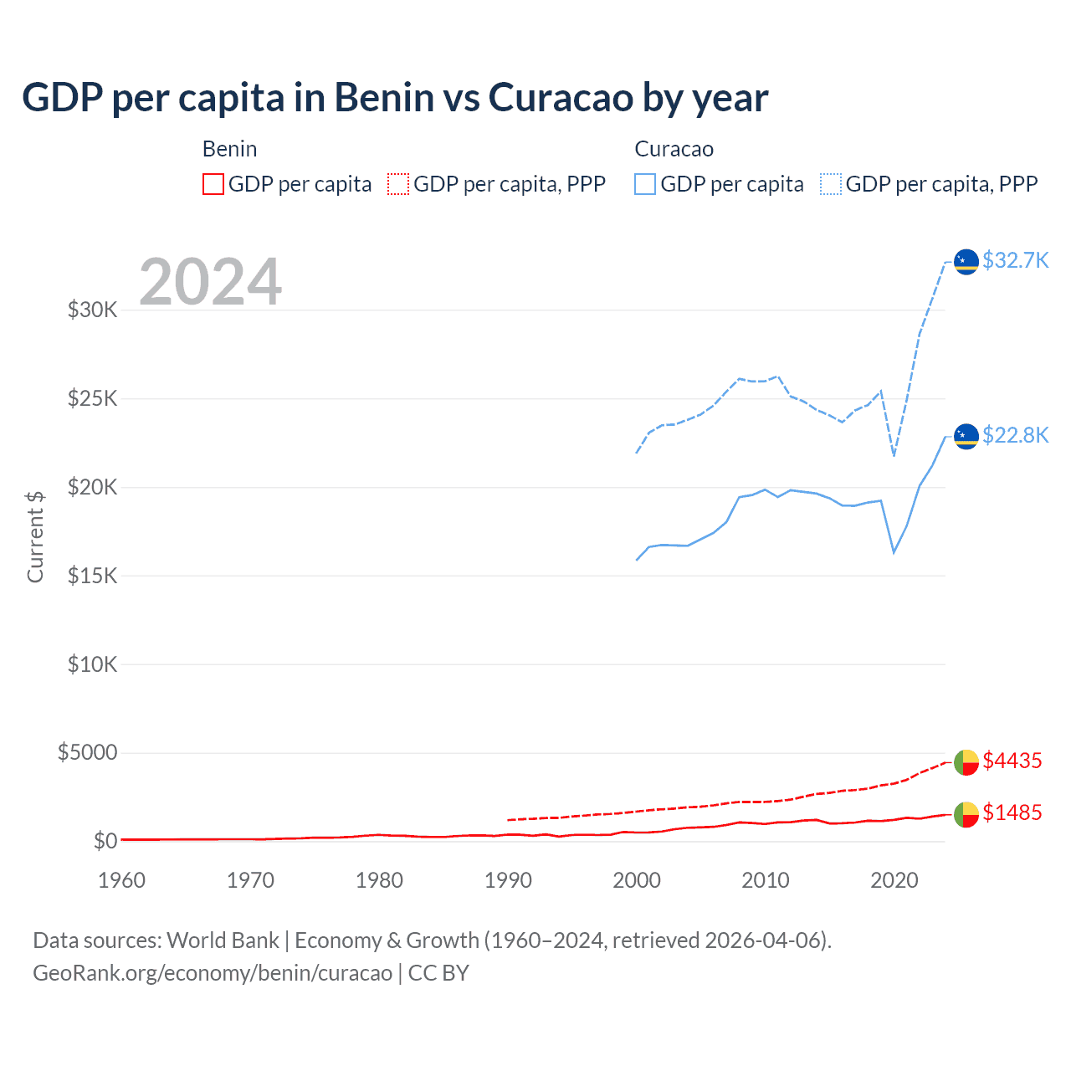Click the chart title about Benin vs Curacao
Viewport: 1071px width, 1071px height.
click(395, 97)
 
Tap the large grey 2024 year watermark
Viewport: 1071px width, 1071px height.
click(210, 282)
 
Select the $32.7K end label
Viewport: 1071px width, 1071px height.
click(1015, 260)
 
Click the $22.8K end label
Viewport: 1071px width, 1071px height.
click(1015, 435)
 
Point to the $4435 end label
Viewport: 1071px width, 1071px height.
click(1012, 761)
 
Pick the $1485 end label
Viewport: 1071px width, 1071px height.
click(1012, 812)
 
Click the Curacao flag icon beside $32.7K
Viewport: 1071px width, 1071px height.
click(966, 261)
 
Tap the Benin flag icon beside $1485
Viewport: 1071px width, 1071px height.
click(966, 813)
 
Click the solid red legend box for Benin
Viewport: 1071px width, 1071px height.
click(213, 184)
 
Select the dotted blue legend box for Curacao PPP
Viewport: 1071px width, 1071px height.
click(831, 184)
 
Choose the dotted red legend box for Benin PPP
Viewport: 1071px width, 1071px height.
click(398, 184)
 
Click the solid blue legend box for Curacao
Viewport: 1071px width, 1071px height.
click(645, 184)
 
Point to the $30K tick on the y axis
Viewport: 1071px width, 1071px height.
click(93, 310)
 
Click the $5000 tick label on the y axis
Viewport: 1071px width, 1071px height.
click(87, 752)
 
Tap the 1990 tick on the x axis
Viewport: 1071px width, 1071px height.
click(508, 880)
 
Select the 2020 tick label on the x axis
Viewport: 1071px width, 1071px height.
click(894, 880)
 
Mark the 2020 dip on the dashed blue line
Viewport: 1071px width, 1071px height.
click(894, 456)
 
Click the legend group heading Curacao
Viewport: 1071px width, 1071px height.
click(674, 149)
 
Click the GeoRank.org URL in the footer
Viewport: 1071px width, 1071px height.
click(213, 973)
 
